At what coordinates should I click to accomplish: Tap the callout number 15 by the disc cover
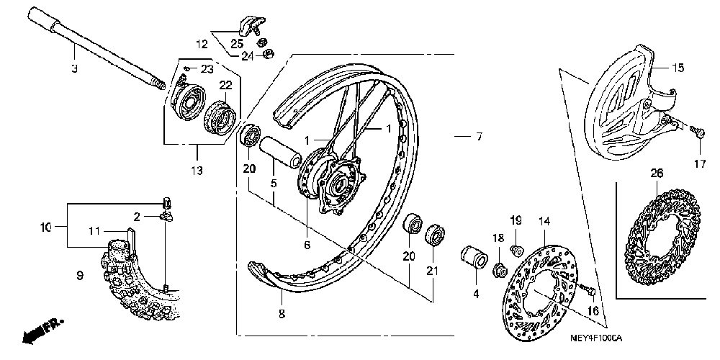[678, 69]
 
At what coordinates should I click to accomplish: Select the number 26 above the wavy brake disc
[656, 173]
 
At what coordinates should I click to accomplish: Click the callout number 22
[225, 85]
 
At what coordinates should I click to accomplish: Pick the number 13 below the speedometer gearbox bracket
[197, 171]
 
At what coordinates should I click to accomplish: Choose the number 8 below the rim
[282, 313]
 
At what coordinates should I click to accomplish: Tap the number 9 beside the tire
[79, 274]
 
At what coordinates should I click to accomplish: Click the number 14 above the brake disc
[544, 220]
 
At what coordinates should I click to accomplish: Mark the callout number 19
[516, 220]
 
